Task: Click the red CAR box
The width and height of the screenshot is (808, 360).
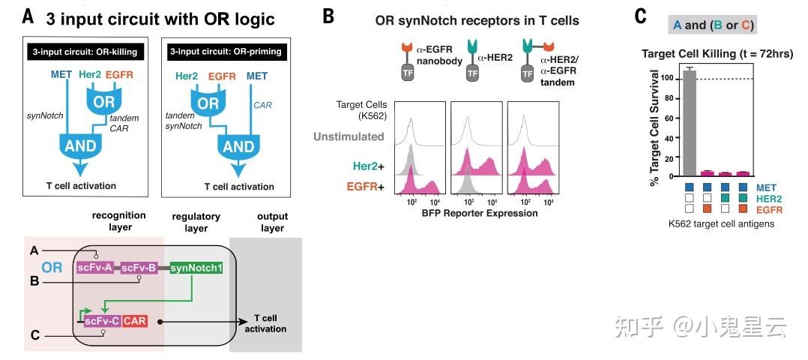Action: [x=135, y=321]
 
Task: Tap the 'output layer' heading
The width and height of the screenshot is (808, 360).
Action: [x=267, y=222]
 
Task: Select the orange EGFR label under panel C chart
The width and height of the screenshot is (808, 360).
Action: [x=769, y=210]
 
